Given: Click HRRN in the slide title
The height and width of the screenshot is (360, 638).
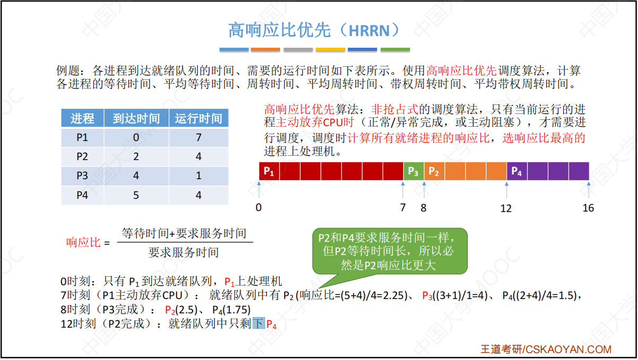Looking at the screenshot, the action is tap(369, 31).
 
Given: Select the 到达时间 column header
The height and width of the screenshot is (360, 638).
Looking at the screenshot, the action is tap(136, 118).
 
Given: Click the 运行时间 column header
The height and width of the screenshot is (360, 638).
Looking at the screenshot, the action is tap(198, 118).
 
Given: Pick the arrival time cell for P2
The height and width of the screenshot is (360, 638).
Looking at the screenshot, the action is tap(136, 156).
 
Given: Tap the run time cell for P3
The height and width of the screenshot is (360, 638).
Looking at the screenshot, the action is tap(198, 175).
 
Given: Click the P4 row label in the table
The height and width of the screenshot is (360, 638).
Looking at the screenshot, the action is tap(82, 195).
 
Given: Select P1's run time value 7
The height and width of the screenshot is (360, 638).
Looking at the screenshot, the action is tap(198, 137).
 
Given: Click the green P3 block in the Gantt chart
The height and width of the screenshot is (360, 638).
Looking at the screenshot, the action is tap(414, 171).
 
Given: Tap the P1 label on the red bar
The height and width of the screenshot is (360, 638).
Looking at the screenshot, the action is tap(268, 171).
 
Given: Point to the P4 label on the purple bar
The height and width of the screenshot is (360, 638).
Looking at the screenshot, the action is tap(517, 171).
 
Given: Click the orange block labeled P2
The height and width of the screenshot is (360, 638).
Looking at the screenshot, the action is tap(434, 171).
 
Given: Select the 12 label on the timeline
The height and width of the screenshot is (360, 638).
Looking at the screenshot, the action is tap(506, 208).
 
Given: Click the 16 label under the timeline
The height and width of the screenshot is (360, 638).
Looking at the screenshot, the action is tap(588, 208).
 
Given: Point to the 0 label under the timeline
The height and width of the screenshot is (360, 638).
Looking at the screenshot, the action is tap(259, 207).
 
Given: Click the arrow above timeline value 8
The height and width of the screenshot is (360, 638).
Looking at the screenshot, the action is tap(424, 190).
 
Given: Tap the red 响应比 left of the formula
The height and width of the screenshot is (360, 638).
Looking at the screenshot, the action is tap(83, 242).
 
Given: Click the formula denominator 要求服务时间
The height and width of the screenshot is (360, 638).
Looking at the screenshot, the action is tap(183, 252).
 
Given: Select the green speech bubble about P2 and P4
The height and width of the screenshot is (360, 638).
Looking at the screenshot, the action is tap(390, 251).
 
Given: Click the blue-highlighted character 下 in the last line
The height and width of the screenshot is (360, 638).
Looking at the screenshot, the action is tap(259, 323).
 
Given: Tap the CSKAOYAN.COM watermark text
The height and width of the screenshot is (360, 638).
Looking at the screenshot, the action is tap(569, 349).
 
